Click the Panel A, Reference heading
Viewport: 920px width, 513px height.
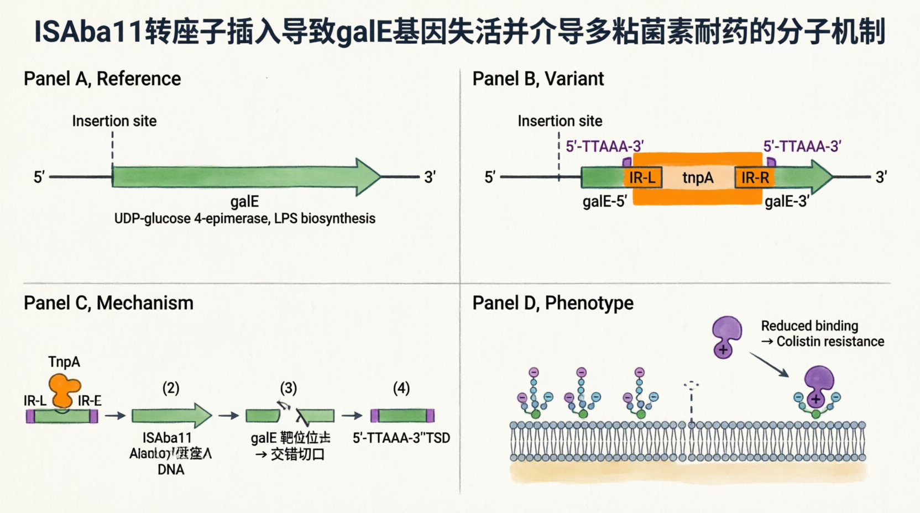(102, 79)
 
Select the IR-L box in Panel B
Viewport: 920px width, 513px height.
(642, 177)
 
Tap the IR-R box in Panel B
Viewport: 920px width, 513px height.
(755, 177)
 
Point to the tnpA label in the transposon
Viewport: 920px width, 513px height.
(698, 177)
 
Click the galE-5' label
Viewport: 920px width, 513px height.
(604, 201)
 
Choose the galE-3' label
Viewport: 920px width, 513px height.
(786, 201)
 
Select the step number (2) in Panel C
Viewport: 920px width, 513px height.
(171, 388)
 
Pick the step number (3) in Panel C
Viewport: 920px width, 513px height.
(288, 388)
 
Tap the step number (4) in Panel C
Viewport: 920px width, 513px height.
(401, 388)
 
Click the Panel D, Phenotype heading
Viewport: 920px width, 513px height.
(553, 303)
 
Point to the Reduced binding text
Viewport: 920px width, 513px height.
(809, 326)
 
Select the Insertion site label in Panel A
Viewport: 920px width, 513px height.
(114, 121)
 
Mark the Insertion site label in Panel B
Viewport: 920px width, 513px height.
(560, 121)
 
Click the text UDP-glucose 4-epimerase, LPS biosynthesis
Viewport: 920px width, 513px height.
(244, 218)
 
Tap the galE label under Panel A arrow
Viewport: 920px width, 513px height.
(244, 201)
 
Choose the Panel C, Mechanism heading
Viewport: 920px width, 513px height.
(108, 303)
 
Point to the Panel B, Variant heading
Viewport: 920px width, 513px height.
(538, 79)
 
